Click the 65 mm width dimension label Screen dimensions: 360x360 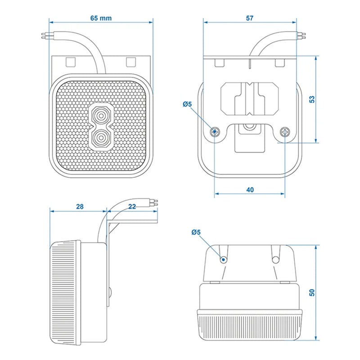coord(101,18)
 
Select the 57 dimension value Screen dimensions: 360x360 coord(250,18)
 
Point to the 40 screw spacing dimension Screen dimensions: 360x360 coord(250,189)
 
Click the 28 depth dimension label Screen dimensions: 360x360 coord(80,207)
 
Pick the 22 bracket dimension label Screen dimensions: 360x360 coord(132,207)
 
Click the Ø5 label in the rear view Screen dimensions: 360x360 coord(188,104)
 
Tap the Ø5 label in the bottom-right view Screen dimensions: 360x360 coord(196,233)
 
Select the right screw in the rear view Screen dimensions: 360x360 coord(285,132)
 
